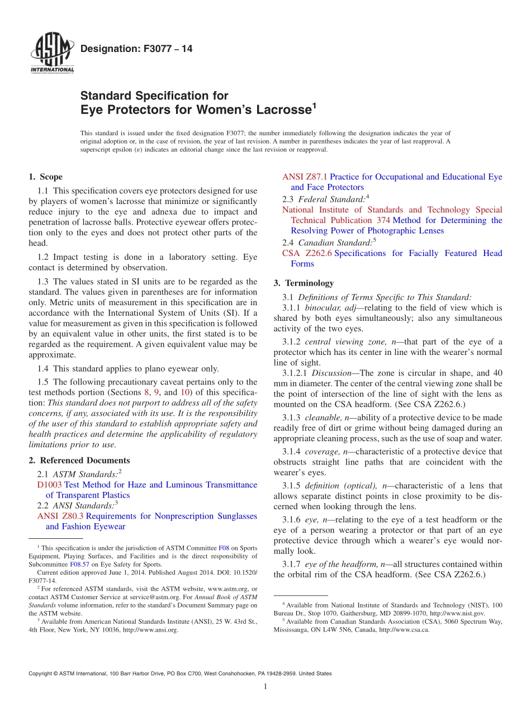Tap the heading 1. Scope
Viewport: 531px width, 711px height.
(45, 177)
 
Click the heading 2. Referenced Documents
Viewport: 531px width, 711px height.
(79, 461)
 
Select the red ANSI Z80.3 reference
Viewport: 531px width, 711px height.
(60, 516)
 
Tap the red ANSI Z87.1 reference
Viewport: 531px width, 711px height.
(305, 177)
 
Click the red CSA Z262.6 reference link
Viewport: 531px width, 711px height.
(306, 253)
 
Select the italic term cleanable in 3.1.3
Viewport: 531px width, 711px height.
(321, 418)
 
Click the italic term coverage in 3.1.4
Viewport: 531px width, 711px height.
(321, 452)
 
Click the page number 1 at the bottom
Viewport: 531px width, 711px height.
(265, 686)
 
